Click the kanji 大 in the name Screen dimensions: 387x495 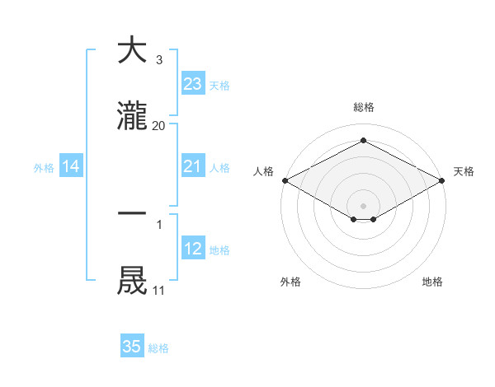tap(132, 50)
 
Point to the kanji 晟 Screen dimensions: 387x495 tap(132, 281)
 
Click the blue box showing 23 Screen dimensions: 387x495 tap(192, 83)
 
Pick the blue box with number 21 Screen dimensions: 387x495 tap(192, 166)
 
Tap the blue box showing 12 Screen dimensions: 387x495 tap(192, 249)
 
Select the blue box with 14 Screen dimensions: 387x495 tap(71, 166)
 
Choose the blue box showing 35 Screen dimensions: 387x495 tap(132, 347)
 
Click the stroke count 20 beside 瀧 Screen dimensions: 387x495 tap(158, 126)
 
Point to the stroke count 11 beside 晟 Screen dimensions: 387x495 tap(158, 291)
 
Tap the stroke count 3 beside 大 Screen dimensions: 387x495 tap(158, 59)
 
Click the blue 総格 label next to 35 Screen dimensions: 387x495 tap(158, 348)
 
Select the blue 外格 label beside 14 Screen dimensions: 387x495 tap(44, 168)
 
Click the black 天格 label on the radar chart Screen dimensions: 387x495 tap(464, 171)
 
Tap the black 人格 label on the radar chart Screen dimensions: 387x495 tap(263, 171)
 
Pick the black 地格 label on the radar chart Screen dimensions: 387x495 tap(432, 282)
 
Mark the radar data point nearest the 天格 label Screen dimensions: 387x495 tap(443, 180)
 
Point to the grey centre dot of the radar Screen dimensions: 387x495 tap(364, 205)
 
